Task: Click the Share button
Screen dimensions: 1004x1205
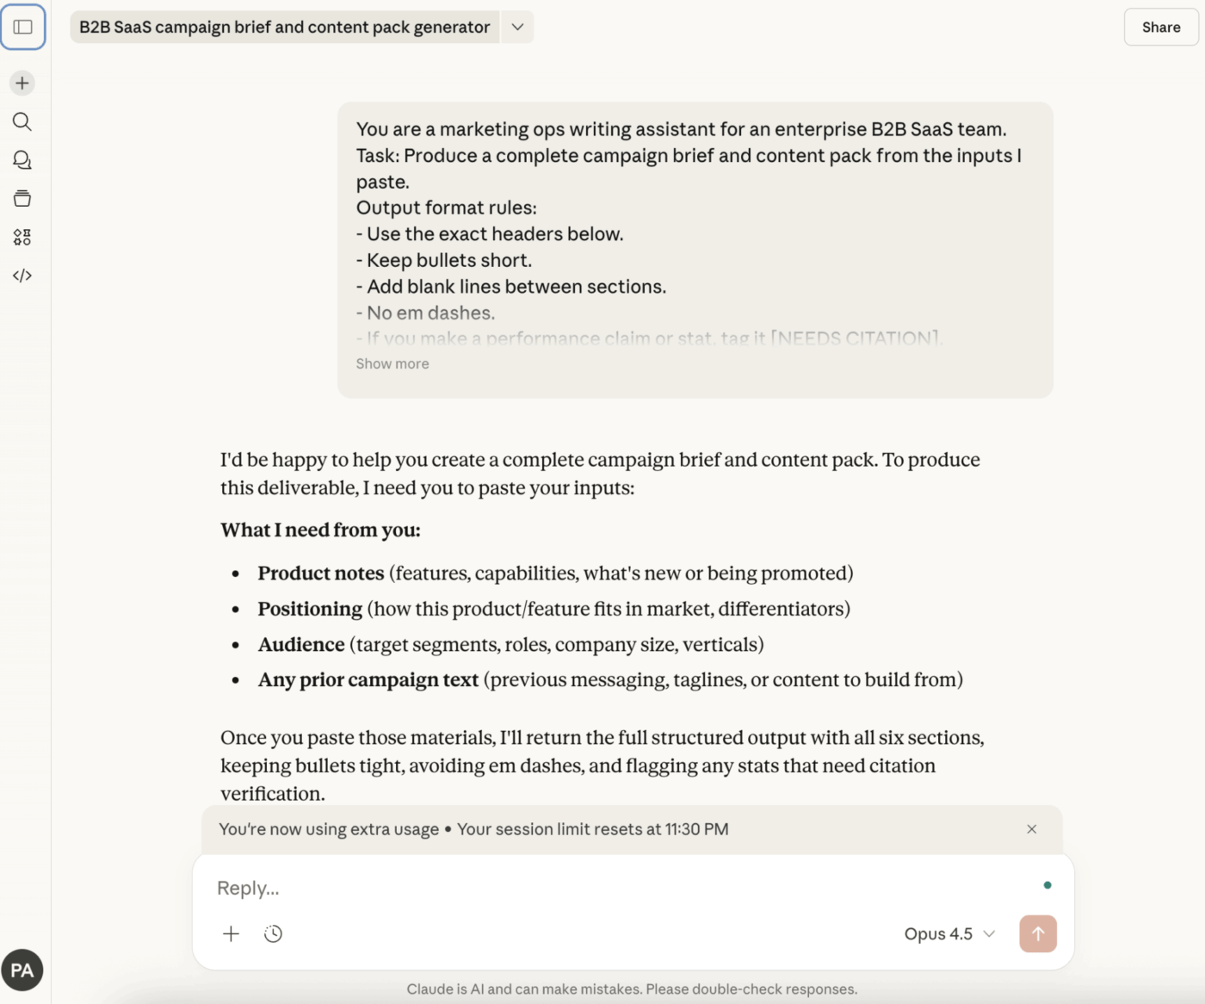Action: (1160, 28)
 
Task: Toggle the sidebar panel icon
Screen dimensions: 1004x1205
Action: (23, 28)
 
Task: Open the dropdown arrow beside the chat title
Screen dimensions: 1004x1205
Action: (517, 28)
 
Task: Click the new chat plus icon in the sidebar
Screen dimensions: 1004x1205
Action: (22, 84)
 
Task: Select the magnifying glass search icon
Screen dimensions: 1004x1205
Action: (22, 121)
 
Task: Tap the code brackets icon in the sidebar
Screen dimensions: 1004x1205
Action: (22, 276)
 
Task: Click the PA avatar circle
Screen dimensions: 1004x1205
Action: (22, 970)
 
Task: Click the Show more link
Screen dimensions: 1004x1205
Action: (392, 364)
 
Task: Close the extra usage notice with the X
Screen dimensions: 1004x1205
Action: (1031, 829)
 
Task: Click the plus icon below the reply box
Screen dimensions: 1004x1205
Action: (231, 934)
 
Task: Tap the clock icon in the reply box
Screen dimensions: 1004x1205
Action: (273, 934)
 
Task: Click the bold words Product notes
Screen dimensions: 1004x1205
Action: (321, 573)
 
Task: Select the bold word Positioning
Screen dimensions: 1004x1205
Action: (310, 610)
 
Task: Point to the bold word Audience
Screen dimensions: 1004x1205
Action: (301, 645)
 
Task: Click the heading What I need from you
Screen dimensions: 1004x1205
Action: (320, 530)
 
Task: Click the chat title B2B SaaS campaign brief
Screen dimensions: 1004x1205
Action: (284, 28)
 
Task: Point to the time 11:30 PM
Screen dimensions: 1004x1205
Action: (696, 829)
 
